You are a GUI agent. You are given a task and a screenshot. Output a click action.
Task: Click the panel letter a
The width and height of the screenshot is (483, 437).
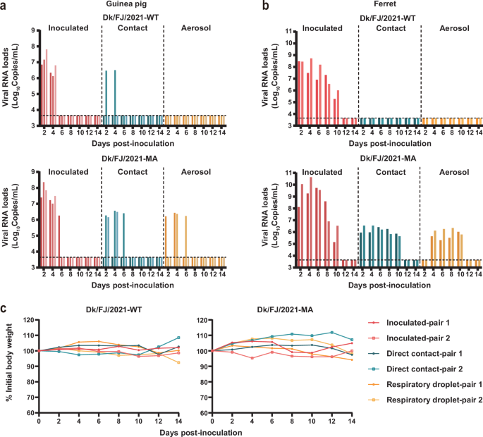tap(5, 6)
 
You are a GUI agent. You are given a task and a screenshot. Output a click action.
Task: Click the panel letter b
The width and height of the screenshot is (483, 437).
tap(246, 6)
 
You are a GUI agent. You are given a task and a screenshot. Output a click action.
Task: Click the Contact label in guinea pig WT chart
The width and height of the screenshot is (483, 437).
tap(132, 28)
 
